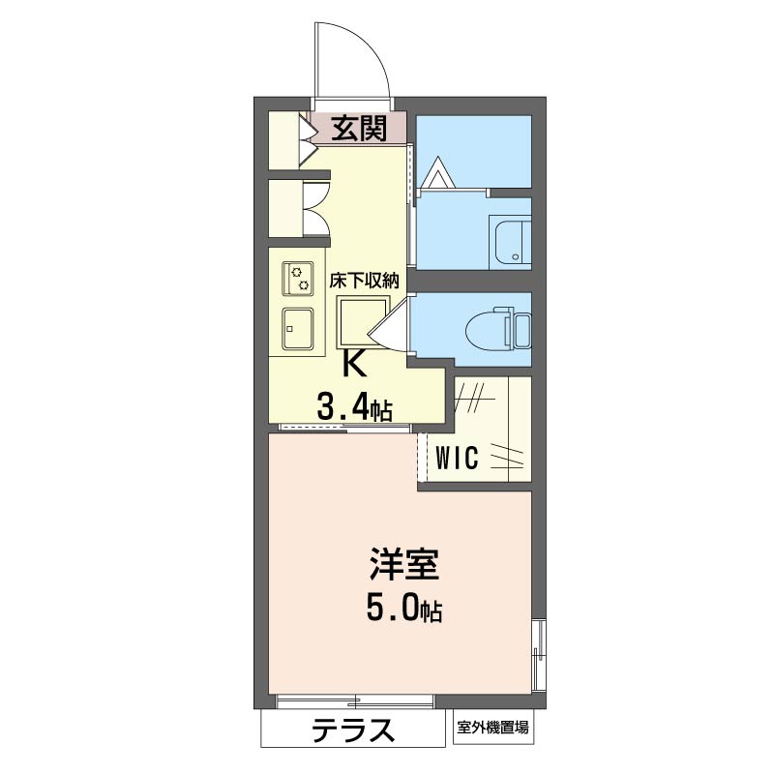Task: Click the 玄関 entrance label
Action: (359, 129)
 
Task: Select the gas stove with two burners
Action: (297, 279)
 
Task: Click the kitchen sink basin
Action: (297, 329)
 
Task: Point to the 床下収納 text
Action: (364, 282)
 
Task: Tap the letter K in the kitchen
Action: (354, 365)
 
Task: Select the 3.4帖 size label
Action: (354, 407)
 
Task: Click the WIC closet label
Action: (457, 458)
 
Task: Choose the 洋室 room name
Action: (404, 565)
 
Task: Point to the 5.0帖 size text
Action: (404, 608)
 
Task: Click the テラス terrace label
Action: (354, 730)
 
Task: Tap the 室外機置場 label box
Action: (492, 729)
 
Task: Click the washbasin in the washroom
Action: (511, 242)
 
